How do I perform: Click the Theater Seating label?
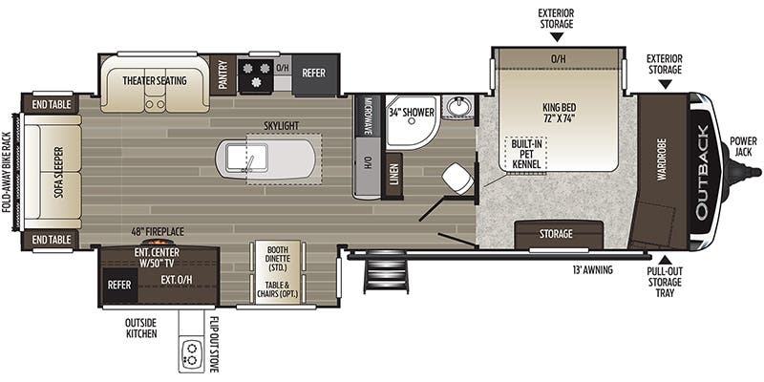click(x=155, y=80)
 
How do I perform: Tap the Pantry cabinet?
click(x=223, y=74)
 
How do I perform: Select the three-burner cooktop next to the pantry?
click(x=255, y=75)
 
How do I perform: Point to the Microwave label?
click(x=369, y=116)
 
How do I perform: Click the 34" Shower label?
click(x=412, y=113)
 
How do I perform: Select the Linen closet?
click(x=393, y=176)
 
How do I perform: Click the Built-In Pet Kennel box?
click(x=526, y=154)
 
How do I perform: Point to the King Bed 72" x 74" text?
click(x=558, y=112)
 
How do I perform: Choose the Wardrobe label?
click(x=661, y=159)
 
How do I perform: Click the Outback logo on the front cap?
click(x=704, y=172)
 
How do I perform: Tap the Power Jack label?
click(x=744, y=147)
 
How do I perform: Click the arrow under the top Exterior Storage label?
click(x=556, y=36)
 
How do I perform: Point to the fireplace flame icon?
click(x=156, y=242)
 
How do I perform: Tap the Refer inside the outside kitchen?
click(x=118, y=284)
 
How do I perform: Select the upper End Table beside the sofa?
click(x=52, y=104)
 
